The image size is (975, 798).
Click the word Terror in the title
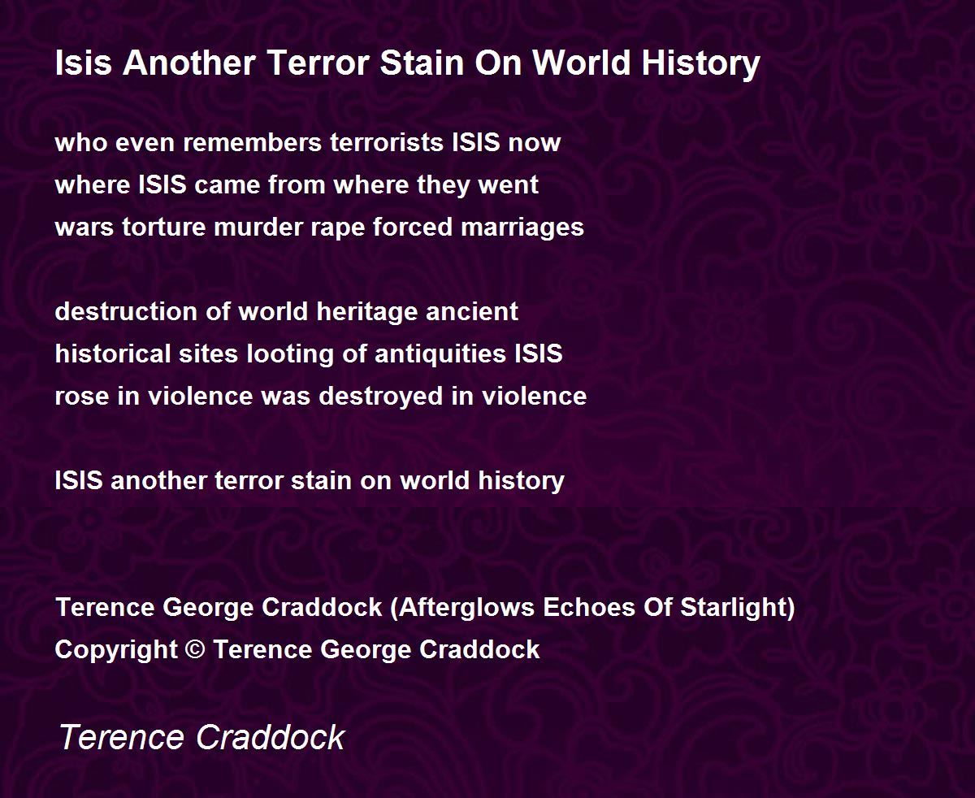pos(318,63)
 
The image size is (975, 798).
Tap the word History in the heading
pos(701,64)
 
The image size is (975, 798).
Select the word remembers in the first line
pos(253,142)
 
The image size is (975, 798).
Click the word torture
pos(163,227)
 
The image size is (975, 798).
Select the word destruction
pos(126,311)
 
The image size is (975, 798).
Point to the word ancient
pos(472,311)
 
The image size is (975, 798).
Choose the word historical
pos(113,353)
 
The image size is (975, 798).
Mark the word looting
pos(290,355)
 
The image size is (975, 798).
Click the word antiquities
pos(440,355)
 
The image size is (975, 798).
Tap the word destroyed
pos(381,397)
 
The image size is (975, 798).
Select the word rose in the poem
pos(82,397)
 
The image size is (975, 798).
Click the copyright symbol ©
pos(195,649)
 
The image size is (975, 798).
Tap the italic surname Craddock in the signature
pos(271,736)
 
